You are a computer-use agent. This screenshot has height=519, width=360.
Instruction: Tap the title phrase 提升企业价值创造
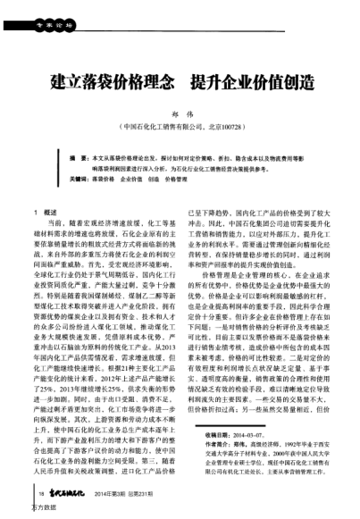point(252,84)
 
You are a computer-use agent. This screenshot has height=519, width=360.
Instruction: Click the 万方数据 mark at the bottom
point(20,511)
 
